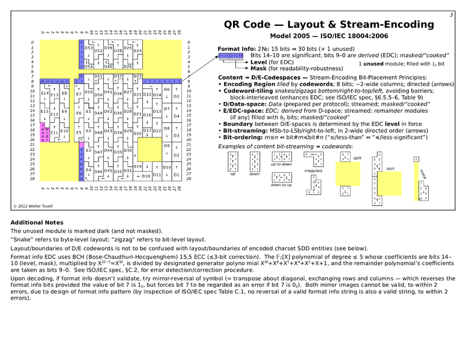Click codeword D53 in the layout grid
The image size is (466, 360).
click(x=88, y=47)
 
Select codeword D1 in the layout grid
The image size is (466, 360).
click(x=176, y=175)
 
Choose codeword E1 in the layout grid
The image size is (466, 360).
click(x=88, y=112)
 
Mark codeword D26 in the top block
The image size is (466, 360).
click(x=127, y=66)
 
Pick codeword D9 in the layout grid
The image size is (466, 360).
click(x=166, y=146)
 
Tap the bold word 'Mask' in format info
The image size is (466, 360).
click(x=259, y=68)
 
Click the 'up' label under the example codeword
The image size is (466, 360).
click(x=233, y=174)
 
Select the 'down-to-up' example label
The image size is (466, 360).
click(x=281, y=184)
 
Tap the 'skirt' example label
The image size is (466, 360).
click(x=390, y=169)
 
